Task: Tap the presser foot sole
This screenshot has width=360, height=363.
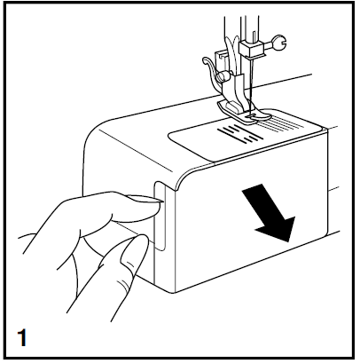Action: (x=245, y=108)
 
